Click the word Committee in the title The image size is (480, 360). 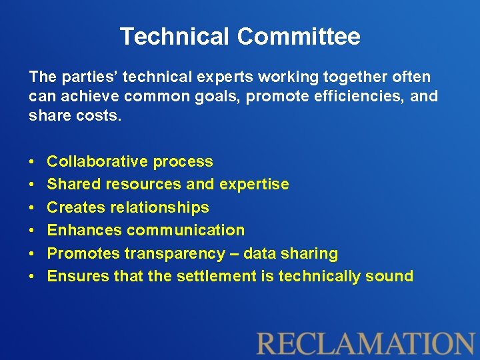coord(299,37)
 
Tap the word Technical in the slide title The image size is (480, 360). coord(175,37)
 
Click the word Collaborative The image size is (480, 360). coord(97,161)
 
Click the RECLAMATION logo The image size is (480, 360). coord(365,343)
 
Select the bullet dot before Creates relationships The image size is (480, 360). coord(33,208)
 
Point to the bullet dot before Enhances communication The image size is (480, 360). coord(33,231)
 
